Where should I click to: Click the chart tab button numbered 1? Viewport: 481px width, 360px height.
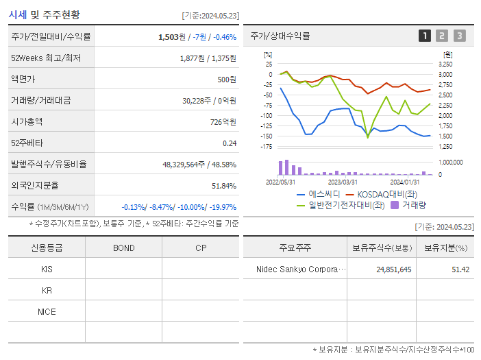(x=425, y=36)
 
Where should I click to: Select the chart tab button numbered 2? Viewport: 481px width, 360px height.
(x=442, y=36)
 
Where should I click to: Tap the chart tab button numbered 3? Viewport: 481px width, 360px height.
(x=459, y=36)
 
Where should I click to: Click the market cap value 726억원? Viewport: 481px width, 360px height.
(x=223, y=121)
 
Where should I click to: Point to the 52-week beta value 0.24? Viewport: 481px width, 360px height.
(x=229, y=143)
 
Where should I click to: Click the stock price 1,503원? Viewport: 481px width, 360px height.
(x=171, y=36)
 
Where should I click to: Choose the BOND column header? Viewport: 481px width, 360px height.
(x=123, y=248)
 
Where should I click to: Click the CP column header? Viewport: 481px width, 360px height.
(x=201, y=248)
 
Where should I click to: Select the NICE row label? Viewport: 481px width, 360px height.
(x=47, y=311)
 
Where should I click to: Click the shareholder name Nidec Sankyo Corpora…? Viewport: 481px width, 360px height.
(x=301, y=269)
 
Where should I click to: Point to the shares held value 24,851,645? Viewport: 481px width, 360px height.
(x=394, y=269)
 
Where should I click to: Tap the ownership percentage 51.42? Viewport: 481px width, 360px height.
(x=460, y=269)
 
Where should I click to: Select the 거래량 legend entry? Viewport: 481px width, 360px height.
(x=410, y=204)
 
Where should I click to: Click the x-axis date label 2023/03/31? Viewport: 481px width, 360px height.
(x=343, y=182)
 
